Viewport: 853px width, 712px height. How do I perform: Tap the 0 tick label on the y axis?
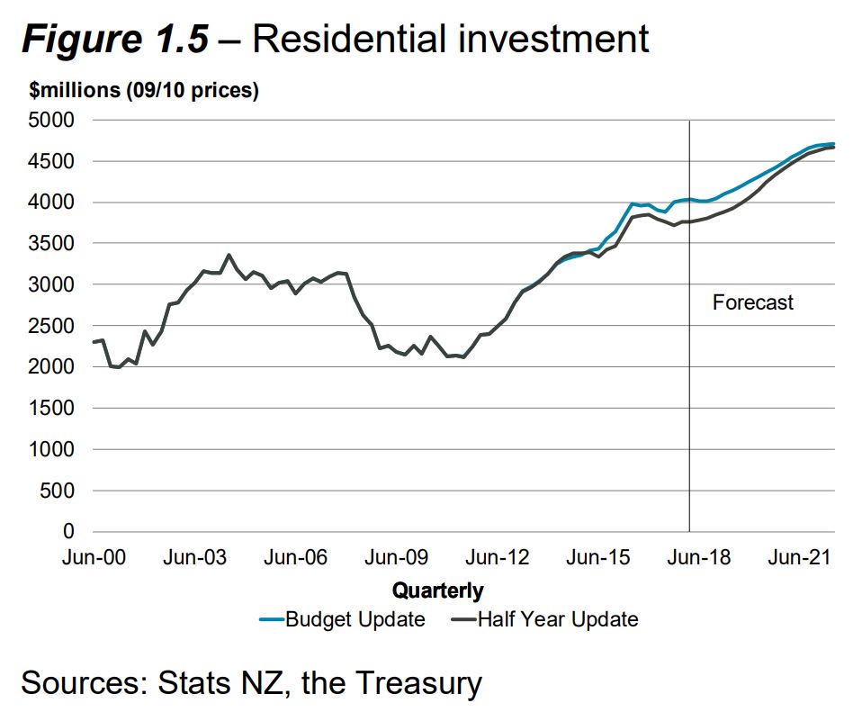click(67, 532)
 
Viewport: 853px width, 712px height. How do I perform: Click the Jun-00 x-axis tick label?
click(94, 558)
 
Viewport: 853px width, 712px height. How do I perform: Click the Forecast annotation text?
click(753, 302)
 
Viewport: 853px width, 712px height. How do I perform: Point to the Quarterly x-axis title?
click(438, 590)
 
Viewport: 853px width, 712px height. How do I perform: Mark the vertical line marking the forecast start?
click(689, 405)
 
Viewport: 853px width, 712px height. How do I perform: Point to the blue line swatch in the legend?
click(270, 619)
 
